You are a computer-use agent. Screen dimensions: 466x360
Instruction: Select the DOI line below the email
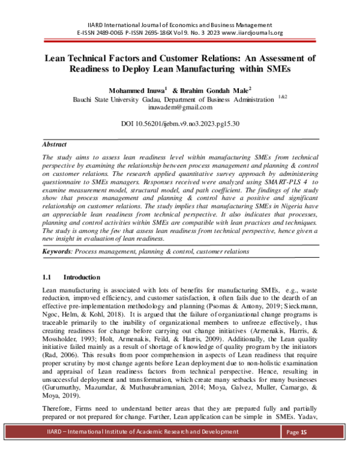point(181,124)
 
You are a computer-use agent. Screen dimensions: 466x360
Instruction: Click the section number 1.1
point(48,278)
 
